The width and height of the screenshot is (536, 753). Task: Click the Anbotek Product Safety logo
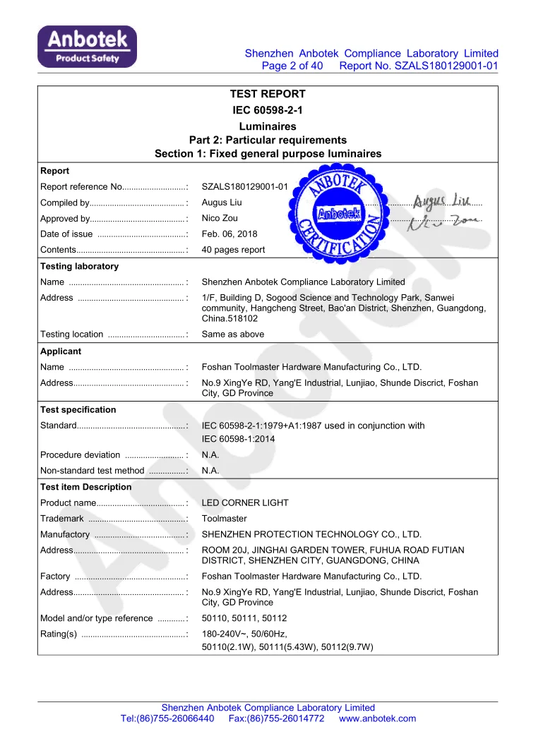coord(88,47)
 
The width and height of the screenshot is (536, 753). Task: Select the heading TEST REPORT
coord(268,94)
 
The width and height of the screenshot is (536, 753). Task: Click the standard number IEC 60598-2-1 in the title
coord(268,110)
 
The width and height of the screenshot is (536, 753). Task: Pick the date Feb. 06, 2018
coord(230,234)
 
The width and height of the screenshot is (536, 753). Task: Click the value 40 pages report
coord(234,249)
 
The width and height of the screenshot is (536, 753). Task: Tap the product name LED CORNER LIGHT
coord(245,503)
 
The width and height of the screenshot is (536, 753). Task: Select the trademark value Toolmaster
coord(225,519)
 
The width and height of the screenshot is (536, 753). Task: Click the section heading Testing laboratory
coord(79,266)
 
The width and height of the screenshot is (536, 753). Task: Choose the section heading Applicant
coord(61,351)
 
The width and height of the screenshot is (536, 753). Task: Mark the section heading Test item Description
coord(85,487)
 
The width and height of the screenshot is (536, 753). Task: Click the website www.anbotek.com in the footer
coord(377,718)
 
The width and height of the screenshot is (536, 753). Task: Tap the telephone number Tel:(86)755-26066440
coord(167,718)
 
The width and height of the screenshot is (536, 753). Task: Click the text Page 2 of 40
coord(292,66)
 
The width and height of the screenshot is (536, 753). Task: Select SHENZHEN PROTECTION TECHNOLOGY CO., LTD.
coord(311,534)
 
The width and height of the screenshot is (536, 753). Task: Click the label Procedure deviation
coord(80,454)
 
